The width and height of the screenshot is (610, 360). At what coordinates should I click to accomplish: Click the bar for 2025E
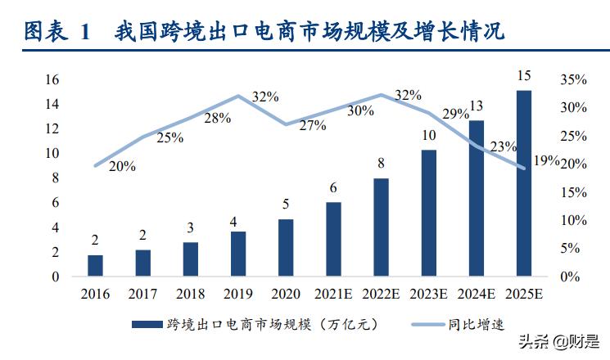click(523, 183)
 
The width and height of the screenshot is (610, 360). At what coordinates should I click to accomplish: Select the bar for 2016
click(96, 265)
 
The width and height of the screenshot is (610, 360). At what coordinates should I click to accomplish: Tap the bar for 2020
click(286, 247)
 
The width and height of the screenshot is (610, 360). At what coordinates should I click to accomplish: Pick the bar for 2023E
click(428, 213)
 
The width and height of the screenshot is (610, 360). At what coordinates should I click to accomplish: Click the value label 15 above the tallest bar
click(524, 76)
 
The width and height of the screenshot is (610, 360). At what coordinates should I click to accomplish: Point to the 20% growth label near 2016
click(122, 167)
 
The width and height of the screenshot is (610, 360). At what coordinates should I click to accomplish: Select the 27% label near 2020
click(312, 126)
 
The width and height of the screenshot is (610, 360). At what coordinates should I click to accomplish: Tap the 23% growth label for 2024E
click(502, 147)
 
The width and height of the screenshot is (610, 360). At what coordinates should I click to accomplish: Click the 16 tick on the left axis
click(52, 79)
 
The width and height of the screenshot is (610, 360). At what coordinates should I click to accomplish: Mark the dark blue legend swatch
click(147, 325)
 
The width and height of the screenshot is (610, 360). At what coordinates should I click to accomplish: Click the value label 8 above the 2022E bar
click(382, 164)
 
